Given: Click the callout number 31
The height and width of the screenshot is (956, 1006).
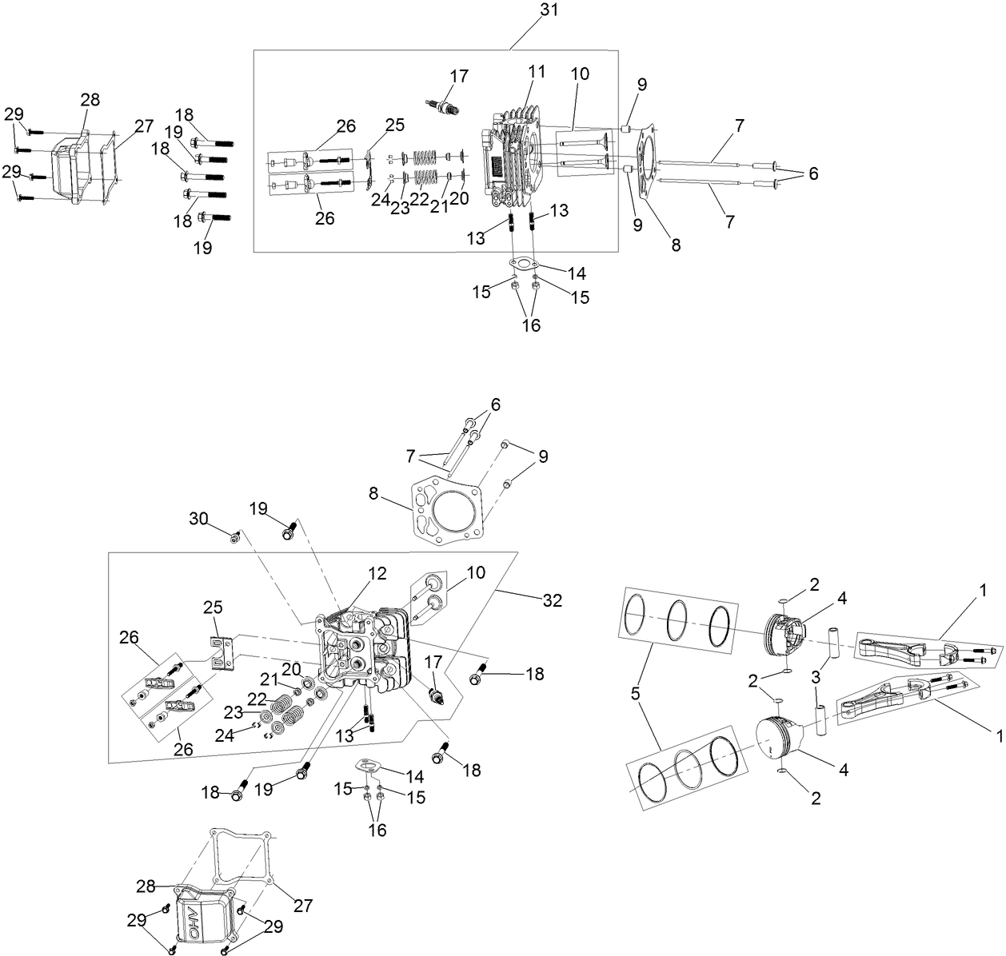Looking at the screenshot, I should click(549, 11).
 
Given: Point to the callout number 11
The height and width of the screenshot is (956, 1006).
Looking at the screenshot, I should click(536, 71).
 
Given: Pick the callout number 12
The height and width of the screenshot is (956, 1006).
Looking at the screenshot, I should click(377, 573).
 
